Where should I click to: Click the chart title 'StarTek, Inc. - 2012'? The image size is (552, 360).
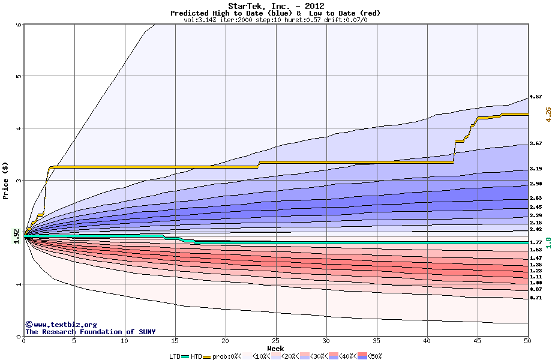(275, 6)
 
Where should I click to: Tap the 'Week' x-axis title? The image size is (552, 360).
(275, 349)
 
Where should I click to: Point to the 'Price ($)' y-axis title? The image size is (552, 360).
(5, 180)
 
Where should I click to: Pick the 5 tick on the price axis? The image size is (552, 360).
(19, 76)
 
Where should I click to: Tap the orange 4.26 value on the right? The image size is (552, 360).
(548, 114)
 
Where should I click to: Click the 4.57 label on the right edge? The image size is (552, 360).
(536, 97)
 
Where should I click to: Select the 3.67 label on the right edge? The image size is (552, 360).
(536, 144)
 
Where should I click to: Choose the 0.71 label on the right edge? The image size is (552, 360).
(536, 298)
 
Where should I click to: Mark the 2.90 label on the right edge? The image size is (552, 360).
(536, 184)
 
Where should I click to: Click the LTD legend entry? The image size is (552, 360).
(175, 356)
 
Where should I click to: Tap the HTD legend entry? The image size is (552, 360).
(196, 356)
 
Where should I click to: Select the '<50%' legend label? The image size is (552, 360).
(374, 356)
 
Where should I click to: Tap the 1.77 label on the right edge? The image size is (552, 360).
(536, 242)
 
